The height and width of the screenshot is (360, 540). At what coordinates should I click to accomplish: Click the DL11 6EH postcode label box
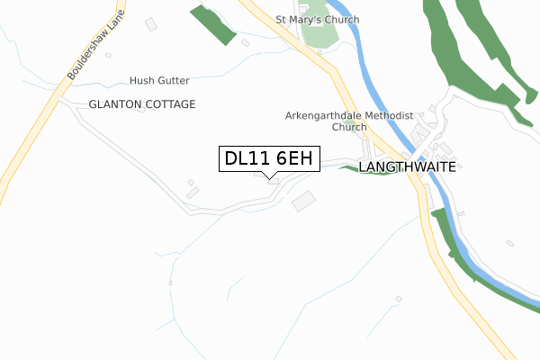pyautogui.click(x=268, y=159)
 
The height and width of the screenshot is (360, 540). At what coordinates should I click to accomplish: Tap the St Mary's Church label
pyautogui.click(x=317, y=20)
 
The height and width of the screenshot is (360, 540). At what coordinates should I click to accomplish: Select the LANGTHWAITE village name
pyautogui.click(x=408, y=167)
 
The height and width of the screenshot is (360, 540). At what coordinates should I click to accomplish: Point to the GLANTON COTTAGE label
pyautogui.click(x=142, y=104)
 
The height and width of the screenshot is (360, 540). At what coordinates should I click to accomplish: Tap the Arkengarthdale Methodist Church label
pyautogui.click(x=348, y=121)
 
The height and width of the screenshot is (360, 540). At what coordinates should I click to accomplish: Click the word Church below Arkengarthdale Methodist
pyautogui.click(x=349, y=128)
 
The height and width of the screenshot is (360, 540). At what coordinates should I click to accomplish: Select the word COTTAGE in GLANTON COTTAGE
pyautogui.click(x=171, y=104)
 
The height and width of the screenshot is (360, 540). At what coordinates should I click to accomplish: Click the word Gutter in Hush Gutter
pyautogui.click(x=175, y=80)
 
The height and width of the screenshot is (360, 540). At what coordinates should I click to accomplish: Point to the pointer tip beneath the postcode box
pyautogui.click(x=269, y=177)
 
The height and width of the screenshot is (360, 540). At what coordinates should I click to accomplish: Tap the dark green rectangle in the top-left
pyautogui.click(x=212, y=24)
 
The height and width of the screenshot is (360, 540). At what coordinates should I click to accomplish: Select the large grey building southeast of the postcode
pyautogui.click(x=305, y=201)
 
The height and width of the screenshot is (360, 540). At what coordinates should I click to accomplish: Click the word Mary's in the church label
pyautogui.click(x=317, y=20)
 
